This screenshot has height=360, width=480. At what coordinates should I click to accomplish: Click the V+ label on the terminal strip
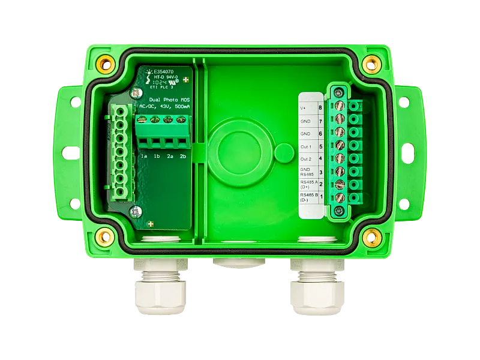(304, 109)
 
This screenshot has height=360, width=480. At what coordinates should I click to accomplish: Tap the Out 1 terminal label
(305, 146)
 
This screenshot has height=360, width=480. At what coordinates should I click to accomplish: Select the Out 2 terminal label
(305, 159)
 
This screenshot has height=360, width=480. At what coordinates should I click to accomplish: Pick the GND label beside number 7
(305, 121)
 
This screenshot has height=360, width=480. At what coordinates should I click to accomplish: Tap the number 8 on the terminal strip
(320, 109)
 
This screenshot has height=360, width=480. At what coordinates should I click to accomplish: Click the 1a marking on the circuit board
(144, 157)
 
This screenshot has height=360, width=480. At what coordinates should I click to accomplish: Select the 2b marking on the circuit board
(183, 157)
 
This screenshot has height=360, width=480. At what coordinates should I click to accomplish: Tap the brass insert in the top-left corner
(107, 62)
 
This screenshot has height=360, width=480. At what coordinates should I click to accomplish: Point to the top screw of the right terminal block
(340, 92)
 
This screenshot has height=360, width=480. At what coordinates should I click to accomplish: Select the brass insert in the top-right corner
(372, 62)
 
